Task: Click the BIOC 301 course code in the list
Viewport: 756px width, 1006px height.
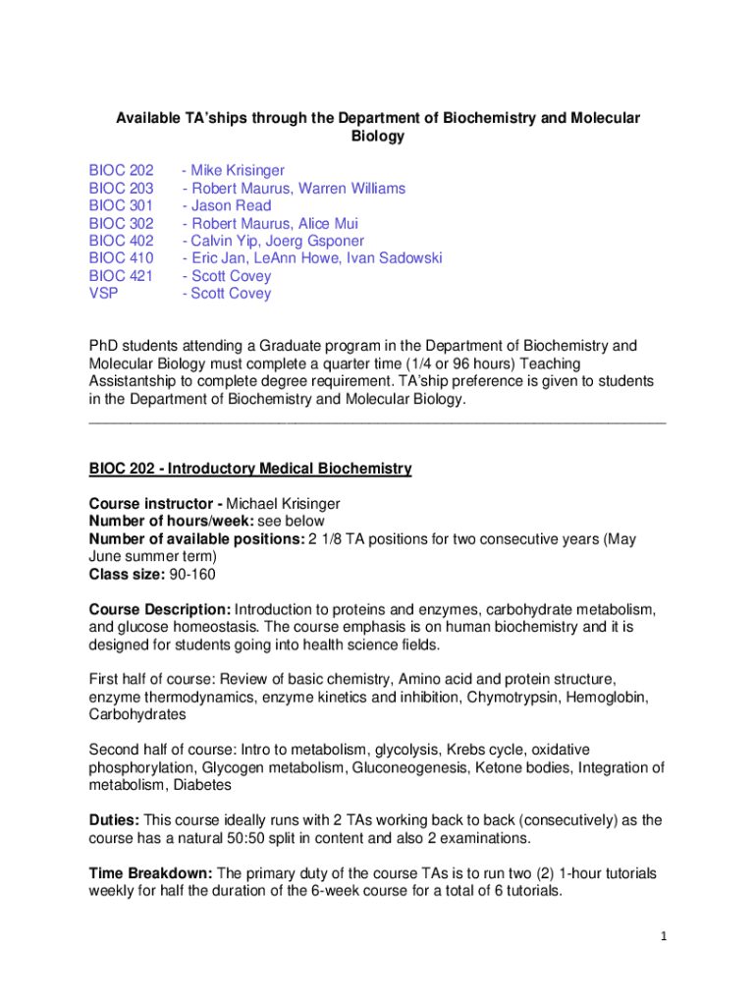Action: (121, 206)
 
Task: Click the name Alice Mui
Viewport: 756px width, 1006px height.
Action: (329, 224)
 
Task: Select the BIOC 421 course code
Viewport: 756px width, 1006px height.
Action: (121, 276)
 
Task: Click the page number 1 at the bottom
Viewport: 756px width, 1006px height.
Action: (663, 936)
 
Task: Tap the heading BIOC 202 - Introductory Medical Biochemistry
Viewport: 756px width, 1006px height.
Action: (250, 470)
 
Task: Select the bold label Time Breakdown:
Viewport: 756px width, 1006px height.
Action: (150, 873)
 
